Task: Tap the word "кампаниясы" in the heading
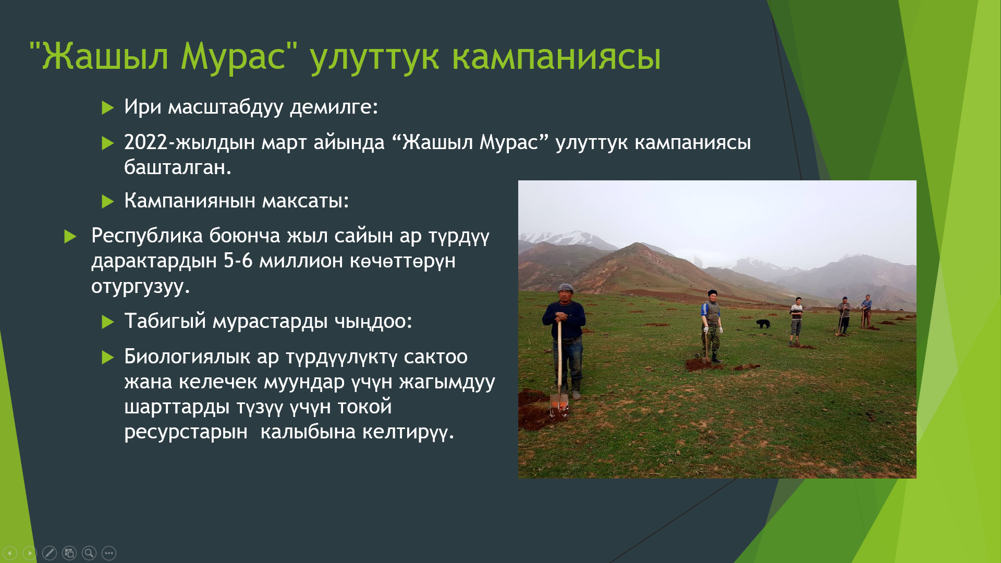(x=556, y=56)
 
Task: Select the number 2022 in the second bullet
(x=145, y=142)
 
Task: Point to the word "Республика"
(x=147, y=237)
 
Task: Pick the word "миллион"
(x=301, y=261)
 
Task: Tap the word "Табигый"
(x=165, y=321)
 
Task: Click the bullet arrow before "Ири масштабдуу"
(x=108, y=108)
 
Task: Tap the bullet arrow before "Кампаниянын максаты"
(x=108, y=202)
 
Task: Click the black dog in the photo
(x=763, y=324)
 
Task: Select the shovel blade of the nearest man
(x=558, y=402)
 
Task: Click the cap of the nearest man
(x=565, y=288)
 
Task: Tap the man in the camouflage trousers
(x=712, y=326)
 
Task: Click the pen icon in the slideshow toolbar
(x=50, y=553)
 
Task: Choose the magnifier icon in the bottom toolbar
(x=89, y=553)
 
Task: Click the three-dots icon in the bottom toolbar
(x=109, y=553)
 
